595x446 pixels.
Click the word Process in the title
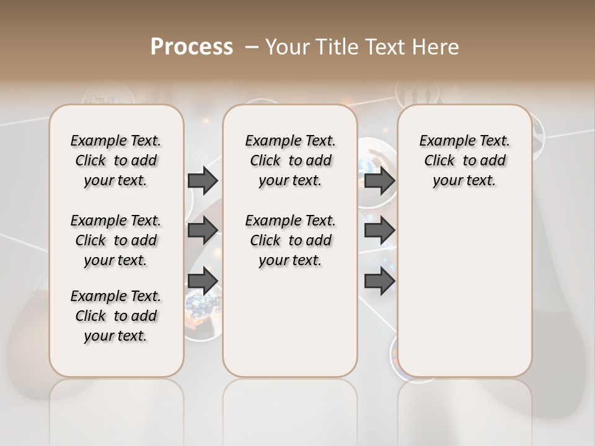click(192, 46)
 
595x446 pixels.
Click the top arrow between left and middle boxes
click(203, 181)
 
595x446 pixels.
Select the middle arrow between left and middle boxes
click(203, 230)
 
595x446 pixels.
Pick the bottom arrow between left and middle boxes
click(203, 281)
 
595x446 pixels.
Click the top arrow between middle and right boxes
click(379, 181)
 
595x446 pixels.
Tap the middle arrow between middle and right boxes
click(379, 230)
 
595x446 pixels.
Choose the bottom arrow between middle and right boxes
click(379, 281)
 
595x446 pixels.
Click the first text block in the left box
click(116, 160)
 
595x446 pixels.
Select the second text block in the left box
click(116, 240)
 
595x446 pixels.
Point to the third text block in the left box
click(116, 316)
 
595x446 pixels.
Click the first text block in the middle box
click(290, 160)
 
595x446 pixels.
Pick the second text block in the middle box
click(290, 240)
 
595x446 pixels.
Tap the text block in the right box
click(464, 160)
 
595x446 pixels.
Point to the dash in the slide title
click(251, 46)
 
